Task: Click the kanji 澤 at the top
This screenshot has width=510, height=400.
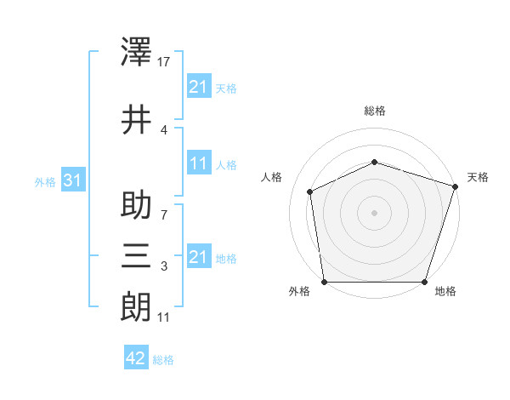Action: click(x=137, y=54)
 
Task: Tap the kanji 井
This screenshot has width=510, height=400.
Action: click(x=137, y=120)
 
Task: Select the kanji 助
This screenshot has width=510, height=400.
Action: click(x=137, y=208)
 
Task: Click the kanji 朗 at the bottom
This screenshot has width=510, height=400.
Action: click(x=137, y=305)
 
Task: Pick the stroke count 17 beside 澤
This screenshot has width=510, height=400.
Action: click(x=165, y=61)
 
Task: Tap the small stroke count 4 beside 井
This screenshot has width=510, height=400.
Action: click(x=164, y=129)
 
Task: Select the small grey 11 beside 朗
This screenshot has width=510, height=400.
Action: click(x=165, y=317)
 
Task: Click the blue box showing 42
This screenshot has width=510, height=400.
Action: click(x=135, y=358)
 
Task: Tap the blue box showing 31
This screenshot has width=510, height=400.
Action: click(x=71, y=181)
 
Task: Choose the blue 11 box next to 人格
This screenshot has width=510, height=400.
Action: click(x=198, y=164)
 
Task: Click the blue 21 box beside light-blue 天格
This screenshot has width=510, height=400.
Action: click(x=198, y=88)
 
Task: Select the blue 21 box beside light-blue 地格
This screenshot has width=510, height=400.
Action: click(x=198, y=257)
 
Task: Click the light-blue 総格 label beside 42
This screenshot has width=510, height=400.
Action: click(x=163, y=360)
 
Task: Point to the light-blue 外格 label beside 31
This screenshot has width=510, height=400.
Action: click(x=45, y=182)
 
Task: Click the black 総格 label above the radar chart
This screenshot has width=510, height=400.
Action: click(x=375, y=111)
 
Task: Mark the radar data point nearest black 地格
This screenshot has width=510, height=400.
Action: click(x=424, y=282)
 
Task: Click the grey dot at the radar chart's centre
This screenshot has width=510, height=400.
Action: click(x=375, y=213)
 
